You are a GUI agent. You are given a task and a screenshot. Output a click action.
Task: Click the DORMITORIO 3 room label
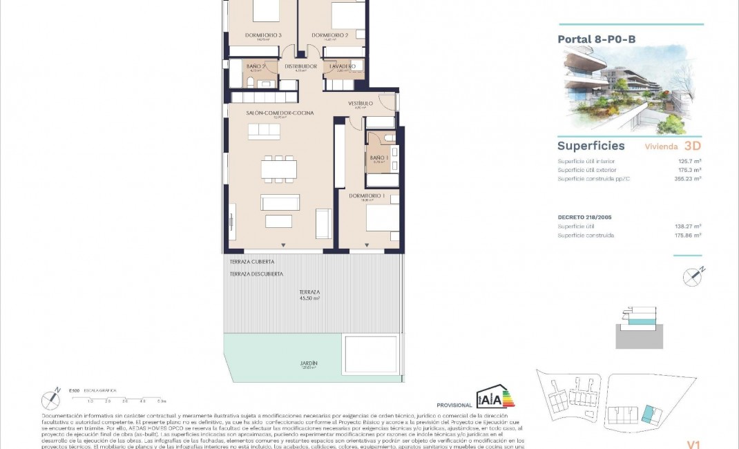pyautogui.click(x=263, y=35)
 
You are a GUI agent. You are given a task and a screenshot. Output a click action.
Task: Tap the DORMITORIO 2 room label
pyautogui.click(x=329, y=35)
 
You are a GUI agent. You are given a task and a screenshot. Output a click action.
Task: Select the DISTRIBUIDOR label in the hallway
pyautogui.click(x=300, y=66)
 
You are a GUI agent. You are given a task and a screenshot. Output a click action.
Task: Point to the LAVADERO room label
pyautogui.click(x=343, y=66)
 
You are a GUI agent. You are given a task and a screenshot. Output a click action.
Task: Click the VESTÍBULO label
pyautogui.click(x=360, y=103)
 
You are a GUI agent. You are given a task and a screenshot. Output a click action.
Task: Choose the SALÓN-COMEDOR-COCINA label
pyautogui.click(x=280, y=113)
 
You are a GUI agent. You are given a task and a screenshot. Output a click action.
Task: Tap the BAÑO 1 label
pyautogui.click(x=377, y=158)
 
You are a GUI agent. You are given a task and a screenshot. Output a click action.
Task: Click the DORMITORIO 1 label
pyautogui.click(x=366, y=195)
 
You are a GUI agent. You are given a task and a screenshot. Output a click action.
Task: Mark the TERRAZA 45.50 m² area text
pyautogui.click(x=309, y=295)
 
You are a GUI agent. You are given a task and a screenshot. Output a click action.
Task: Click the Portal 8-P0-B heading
pyautogui.click(x=596, y=39)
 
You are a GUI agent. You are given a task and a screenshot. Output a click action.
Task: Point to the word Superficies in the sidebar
pyautogui.click(x=591, y=146)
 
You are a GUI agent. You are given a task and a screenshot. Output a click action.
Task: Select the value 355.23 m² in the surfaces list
pyautogui.click(x=688, y=179)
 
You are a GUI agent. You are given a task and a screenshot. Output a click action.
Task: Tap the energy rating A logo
pyautogui.click(x=495, y=398)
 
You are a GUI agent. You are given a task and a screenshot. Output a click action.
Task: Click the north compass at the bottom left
pyautogui.click(x=51, y=399)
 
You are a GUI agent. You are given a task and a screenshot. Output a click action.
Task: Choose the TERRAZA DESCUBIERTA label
pyautogui.click(x=256, y=274)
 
